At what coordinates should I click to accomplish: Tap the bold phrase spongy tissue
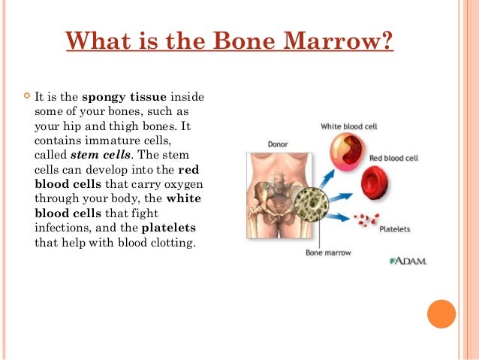125,97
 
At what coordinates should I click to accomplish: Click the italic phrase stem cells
95,155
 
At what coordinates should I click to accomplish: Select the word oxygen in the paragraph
183,185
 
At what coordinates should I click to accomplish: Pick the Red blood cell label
393,158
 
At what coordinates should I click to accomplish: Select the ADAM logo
408,261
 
